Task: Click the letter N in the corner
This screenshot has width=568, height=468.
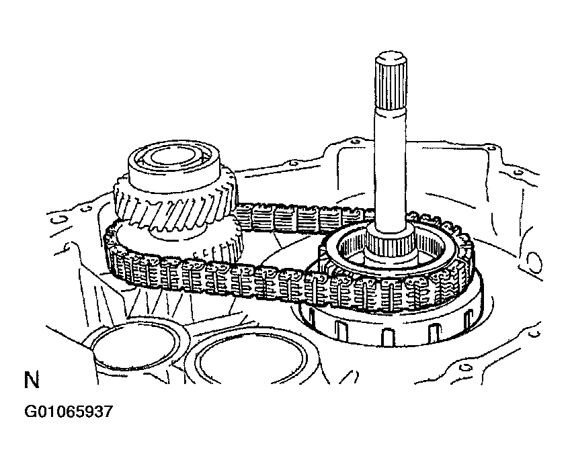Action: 31,381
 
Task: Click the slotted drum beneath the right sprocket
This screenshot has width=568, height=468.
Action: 390,329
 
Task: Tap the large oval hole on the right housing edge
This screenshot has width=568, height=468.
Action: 535,259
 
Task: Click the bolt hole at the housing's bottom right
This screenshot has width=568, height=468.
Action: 463,366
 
